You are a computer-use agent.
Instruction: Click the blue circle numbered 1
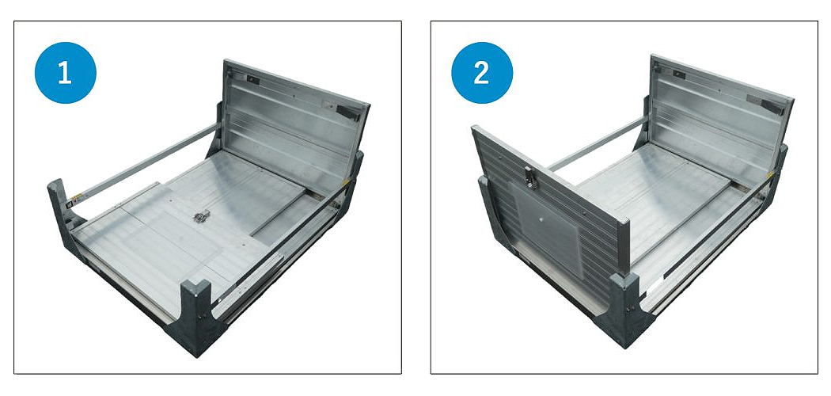(65, 73)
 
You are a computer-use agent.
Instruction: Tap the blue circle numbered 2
(482, 73)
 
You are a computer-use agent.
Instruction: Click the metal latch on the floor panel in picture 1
(201, 215)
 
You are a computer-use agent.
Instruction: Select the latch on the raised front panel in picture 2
(530, 177)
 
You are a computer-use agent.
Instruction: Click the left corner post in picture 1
(63, 217)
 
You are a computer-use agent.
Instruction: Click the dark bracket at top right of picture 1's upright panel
(348, 111)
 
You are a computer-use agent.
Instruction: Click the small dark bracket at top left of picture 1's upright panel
(252, 78)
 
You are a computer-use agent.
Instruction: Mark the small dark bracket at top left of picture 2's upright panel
(678, 74)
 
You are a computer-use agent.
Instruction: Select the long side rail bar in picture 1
(148, 161)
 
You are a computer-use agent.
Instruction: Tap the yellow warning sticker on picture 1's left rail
(78, 198)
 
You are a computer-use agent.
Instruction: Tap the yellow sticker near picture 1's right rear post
(346, 182)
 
